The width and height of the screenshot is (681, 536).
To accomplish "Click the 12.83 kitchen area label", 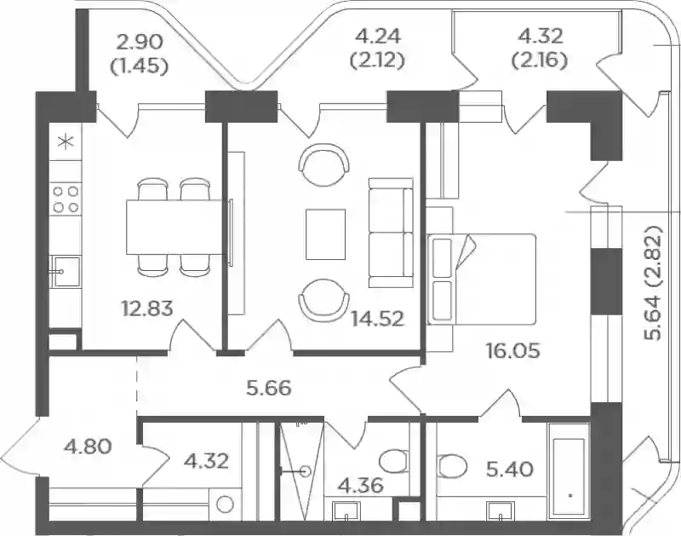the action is pos(147,308).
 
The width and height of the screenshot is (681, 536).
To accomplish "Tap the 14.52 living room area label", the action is pos(378,319).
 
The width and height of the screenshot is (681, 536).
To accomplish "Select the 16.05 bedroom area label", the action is pos(513,350).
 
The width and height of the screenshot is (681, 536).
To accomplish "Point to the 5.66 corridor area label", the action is pos(268,388).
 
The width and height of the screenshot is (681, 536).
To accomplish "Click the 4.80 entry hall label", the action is pos(88,446).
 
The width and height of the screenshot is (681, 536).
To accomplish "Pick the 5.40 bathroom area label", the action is pos(509,470).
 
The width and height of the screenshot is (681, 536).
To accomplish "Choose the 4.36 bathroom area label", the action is pos(360,485).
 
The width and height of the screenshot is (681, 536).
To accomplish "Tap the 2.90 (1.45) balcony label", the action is pos(140,55).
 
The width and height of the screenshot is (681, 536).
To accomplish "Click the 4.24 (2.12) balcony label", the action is pos(377,49).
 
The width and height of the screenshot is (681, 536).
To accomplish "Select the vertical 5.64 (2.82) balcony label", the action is pos(653,283).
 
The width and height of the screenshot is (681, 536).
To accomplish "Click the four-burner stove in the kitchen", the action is pos(66,199).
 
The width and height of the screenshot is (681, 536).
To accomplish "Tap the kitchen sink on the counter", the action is pos(66,271).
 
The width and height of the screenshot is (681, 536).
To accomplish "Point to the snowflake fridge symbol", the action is pos(66,142).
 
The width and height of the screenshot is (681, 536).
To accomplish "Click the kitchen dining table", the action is pos(174,227).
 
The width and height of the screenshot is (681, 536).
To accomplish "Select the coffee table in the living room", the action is pos(326,234).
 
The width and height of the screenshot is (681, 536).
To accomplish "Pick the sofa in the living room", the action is pos(391,233).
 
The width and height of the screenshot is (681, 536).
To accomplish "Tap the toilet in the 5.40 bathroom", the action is pos(452,465).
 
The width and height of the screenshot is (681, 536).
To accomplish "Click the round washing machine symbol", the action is pos(226,504).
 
